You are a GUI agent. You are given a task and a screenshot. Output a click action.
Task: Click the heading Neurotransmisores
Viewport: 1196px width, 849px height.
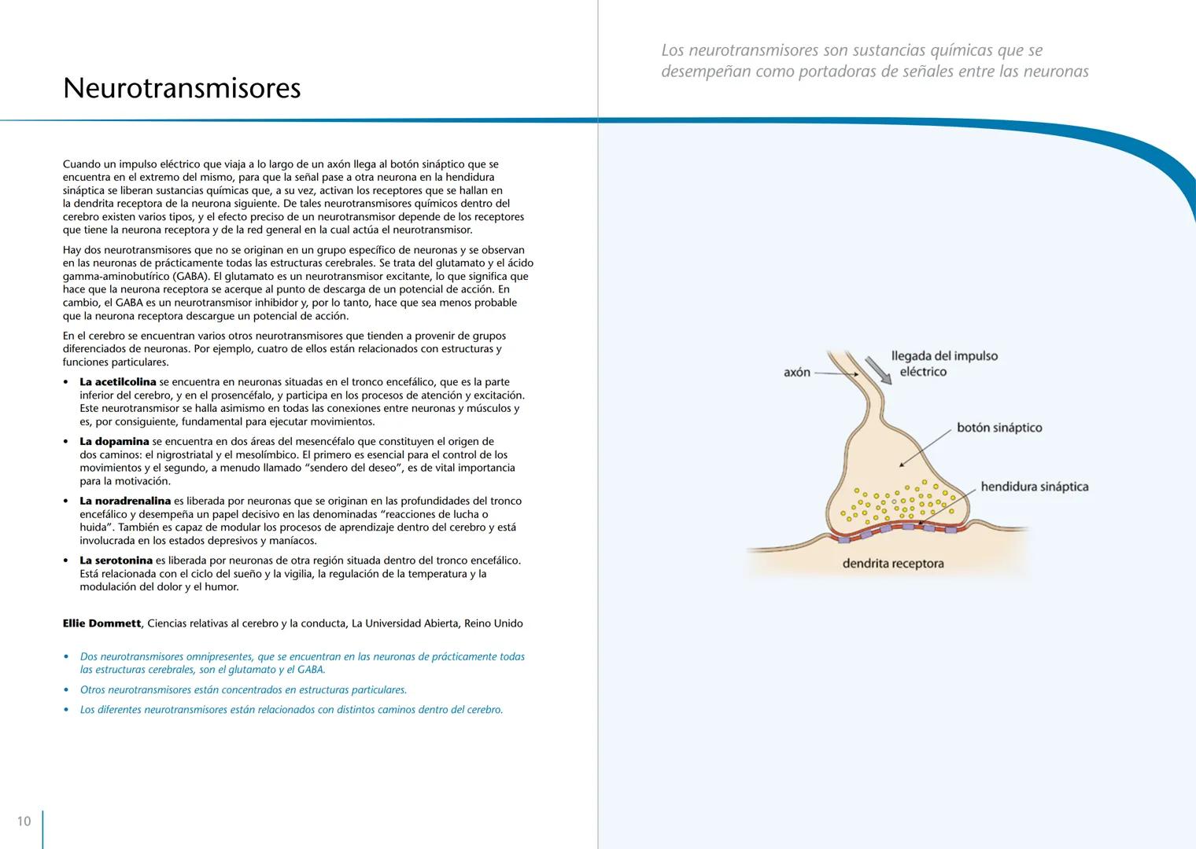tap(182, 88)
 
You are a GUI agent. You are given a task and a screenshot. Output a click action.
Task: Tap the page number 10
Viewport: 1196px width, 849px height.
tap(24, 821)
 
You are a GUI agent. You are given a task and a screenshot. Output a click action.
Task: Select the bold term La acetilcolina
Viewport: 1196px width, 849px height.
tap(118, 382)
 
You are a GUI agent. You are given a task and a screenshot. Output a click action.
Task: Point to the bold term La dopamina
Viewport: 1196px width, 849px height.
tap(114, 442)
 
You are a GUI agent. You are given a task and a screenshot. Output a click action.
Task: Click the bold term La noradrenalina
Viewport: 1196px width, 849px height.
tap(125, 501)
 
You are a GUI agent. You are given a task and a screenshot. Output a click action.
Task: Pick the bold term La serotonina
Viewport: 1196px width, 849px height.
tap(116, 560)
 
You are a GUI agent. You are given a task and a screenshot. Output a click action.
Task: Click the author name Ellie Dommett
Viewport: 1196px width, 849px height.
tap(102, 623)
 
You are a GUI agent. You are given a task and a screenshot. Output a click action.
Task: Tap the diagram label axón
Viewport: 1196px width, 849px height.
tap(797, 373)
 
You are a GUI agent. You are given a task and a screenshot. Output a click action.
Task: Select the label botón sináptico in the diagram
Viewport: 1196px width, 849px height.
tap(999, 428)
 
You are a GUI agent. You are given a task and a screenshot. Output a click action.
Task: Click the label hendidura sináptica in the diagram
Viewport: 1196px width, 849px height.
tap(1035, 487)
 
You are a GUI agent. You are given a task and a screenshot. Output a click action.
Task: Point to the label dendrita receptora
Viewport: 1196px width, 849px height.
tap(893, 564)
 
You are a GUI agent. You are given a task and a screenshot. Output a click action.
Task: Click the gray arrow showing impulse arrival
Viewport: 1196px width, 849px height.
tap(879, 370)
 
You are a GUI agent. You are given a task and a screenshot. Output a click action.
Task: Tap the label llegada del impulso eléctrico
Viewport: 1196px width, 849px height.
tap(944, 364)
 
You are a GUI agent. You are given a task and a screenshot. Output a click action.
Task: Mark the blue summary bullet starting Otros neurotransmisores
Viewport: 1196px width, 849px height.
tap(243, 690)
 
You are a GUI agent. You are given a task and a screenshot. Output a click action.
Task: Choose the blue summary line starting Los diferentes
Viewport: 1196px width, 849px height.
tap(291, 710)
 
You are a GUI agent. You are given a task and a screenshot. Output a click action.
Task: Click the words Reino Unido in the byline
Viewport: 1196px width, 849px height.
tap(493, 623)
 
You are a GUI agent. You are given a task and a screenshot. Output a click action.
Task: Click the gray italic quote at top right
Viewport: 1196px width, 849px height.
tap(874, 61)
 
